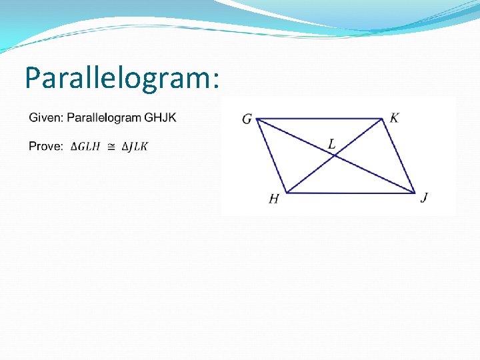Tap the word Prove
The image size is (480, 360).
(x=45, y=146)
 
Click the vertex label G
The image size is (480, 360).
(x=247, y=119)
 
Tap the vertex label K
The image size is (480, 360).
(x=395, y=118)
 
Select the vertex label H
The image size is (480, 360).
(x=273, y=199)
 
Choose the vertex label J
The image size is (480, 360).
(x=424, y=197)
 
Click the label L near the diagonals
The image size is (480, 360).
(x=331, y=143)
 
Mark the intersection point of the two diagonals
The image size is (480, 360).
(x=334, y=156)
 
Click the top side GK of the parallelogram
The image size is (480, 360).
(x=320, y=119)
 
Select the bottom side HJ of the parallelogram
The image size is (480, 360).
(x=350, y=193)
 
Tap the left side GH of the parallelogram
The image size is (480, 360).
(x=271, y=156)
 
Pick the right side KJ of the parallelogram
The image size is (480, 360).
(x=399, y=156)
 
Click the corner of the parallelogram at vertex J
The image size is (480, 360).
(x=414, y=193)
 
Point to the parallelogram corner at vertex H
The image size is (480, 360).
(x=286, y=193)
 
